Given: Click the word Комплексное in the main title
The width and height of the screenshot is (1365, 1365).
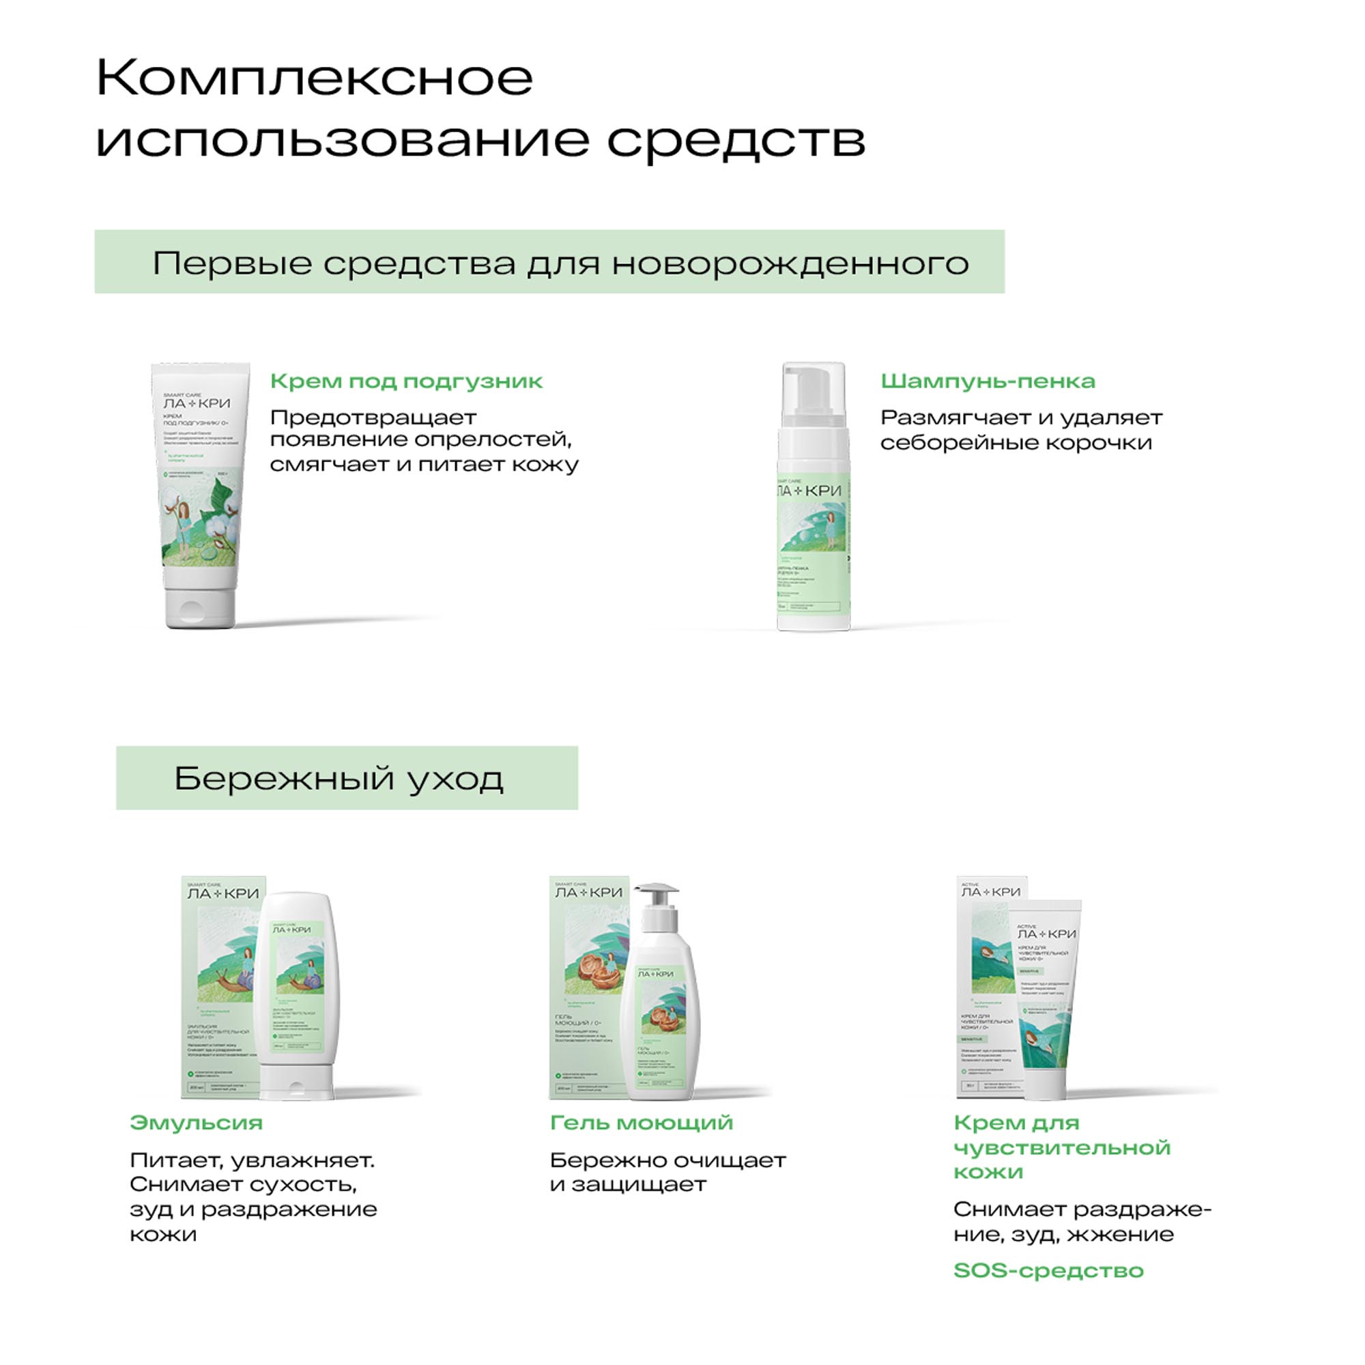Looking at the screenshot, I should click(315, 79).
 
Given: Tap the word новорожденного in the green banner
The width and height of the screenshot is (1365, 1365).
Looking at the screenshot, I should click(790, 264).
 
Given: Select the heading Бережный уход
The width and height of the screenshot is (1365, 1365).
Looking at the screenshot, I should click(339, 779).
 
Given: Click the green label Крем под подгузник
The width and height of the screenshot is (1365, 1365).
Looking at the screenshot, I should click(406, 382).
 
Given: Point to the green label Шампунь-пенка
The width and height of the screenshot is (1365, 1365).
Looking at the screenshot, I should click(987, 382).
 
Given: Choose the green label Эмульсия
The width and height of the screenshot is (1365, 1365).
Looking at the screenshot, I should click(196, 1123).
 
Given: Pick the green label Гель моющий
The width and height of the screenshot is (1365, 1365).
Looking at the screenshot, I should click(641, 1123).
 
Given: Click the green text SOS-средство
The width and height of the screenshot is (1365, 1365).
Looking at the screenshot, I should click(1048, 1270).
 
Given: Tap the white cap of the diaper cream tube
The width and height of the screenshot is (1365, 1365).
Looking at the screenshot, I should click(201, 606).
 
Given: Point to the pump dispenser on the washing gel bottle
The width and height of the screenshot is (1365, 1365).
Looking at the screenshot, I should click(657, 896).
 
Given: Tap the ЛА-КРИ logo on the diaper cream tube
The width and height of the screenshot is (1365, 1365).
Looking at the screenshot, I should click(197, 403).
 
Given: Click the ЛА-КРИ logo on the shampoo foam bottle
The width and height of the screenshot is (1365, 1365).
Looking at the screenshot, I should click(809, 490).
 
